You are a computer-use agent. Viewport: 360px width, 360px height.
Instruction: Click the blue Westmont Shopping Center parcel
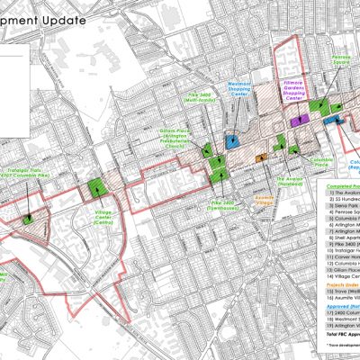tap(231, 140)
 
